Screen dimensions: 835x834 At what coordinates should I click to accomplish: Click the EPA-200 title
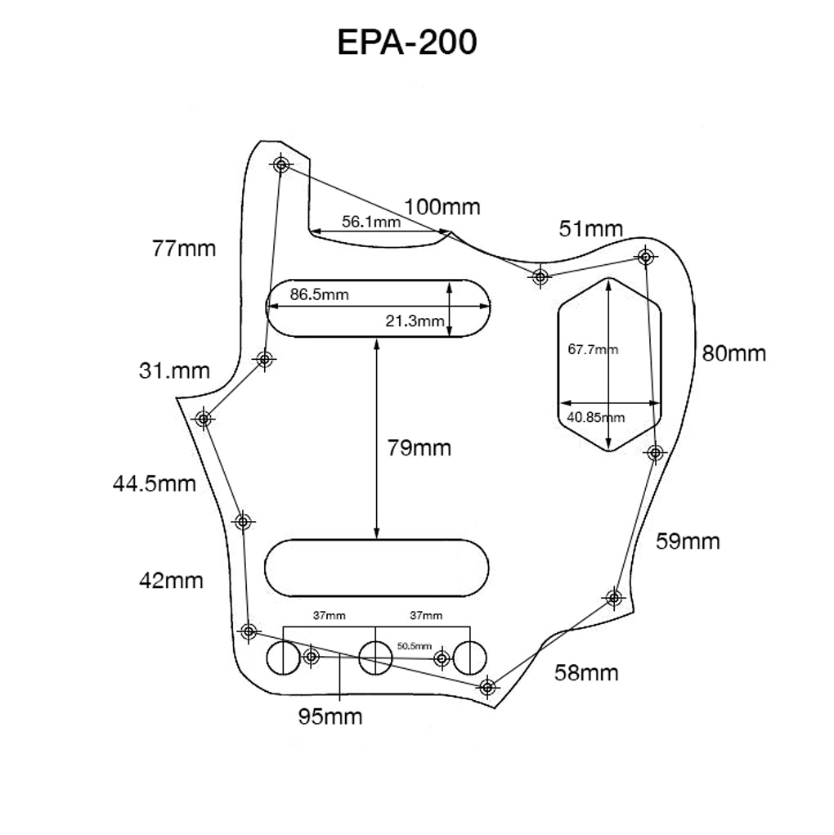[x=406, y=43]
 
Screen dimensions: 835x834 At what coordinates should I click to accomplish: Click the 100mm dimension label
[x=442, y=207]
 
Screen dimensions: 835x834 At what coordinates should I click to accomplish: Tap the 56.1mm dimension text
[x=370, y=222]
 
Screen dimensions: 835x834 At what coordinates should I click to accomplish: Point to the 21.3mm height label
[x=415, y=321]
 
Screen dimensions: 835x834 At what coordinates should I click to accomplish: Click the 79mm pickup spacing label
[x=419, y=448]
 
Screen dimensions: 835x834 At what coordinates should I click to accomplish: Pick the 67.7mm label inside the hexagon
[x=592, y=350]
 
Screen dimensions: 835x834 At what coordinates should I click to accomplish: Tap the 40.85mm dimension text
[x=595, y=417]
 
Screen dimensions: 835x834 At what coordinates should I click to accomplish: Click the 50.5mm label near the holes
[x=414, y=645]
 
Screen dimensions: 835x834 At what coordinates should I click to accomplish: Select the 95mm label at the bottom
[x=330, y=717]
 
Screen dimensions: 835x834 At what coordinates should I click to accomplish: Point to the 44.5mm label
[x=155, y=483]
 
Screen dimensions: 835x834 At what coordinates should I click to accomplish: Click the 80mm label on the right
[x=733, y=353]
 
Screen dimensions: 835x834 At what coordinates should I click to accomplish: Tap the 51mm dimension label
[x=590, y=229]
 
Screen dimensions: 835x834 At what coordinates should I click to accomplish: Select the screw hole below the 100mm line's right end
[x=540, y=276]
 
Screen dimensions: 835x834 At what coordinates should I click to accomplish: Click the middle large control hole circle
[x=375, y=658]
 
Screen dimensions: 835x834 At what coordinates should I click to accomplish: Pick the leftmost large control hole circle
[x=283, y=658]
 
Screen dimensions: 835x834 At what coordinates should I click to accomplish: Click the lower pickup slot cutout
[x=377, y=567]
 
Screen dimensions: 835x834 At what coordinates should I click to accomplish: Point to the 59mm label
[x=688, y=541]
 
